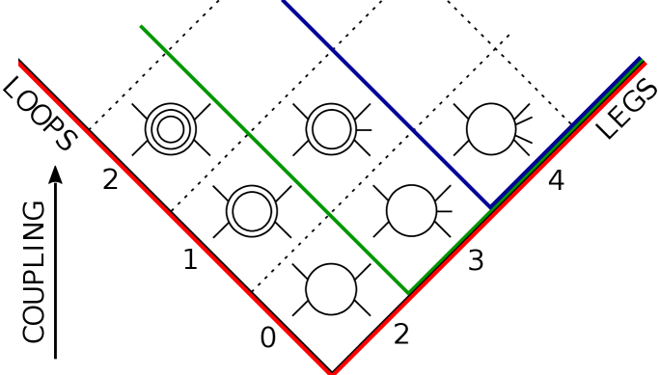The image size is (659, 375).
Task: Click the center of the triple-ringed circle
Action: click(x=171, y=128)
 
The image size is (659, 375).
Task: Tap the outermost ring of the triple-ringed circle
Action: click(x=171, y=106)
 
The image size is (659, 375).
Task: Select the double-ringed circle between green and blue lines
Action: click(x=331, y=128)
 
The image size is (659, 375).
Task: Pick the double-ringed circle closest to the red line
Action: click(x=252, y=210)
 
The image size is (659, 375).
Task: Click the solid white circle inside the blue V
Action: click(x=491, y=128)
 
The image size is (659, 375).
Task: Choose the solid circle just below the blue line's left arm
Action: click(x=411, y=210)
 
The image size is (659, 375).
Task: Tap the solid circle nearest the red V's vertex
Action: click(x=331, y=289)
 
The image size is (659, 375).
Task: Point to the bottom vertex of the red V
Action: click(x=332, y=372)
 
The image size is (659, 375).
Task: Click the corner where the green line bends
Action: click(x=408, y=291)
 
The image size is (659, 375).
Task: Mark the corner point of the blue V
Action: click(x=490, y=206)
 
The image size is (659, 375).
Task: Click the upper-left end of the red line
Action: click(x=19, y=65)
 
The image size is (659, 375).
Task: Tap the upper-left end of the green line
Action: click(x=142, y=27)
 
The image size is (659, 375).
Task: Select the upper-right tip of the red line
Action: click(x=645, y=64)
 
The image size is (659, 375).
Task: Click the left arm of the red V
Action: click(x=174, y=217)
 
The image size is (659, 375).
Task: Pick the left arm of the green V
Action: click(x=275, y=159)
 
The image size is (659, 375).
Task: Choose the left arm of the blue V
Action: click(x=386, y=103)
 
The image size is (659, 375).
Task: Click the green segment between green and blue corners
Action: click(x=449, y=250)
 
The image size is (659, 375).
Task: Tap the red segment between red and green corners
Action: click(x=371, y=334)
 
